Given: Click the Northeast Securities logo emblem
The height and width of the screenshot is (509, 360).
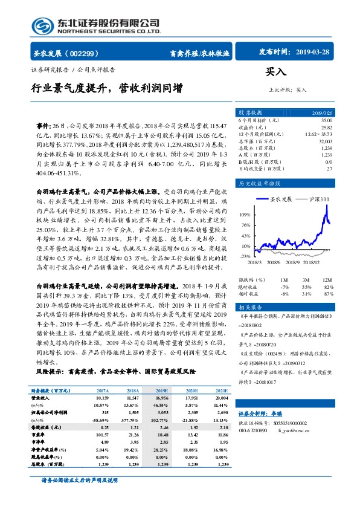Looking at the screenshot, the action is click(x=42, y=25).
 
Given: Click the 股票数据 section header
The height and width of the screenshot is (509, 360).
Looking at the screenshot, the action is click(x=249, y=113).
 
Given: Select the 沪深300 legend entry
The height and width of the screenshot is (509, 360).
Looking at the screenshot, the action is click(x=318, y=199).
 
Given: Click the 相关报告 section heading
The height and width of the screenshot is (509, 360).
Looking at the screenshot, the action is click(x=249, y=307).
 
